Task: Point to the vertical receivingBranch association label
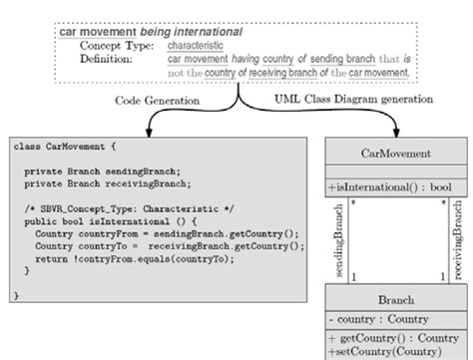click(458, 241)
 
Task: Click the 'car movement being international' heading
click(150, 33)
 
